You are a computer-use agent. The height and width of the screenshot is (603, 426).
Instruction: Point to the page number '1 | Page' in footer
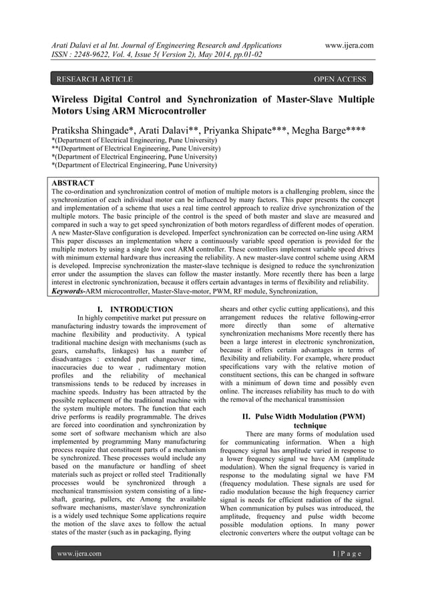[347, 554]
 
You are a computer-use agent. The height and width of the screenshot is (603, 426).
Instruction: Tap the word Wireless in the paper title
[75, 99]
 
